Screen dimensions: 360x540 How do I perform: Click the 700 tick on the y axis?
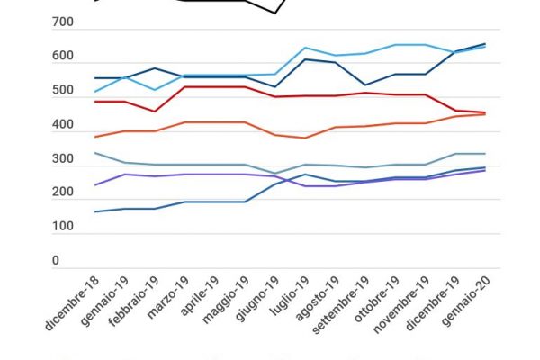pyautogui.click(x=61, y=22)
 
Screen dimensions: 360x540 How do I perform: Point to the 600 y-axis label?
pyautogui.click(x=61, y=57)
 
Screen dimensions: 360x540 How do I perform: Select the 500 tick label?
pyautogui.click(x=61, y=91)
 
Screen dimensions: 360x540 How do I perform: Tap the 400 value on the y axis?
pyautogui.click(x=61, y=125)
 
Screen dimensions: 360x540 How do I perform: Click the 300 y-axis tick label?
pyautogui.click(x=61, y=159)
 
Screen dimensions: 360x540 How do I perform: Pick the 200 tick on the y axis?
pyautogui.click(x=61, y=193)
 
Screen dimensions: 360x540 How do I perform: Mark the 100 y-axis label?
pyautogui.click(x=61, y=227)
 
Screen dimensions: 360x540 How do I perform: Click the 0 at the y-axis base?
pyautogui.click(x=55, y=261)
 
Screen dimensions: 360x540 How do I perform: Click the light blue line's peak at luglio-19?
pyautogui.click(x=305, y=48)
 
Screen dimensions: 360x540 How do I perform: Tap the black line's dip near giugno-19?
pyautogui.click(x=274, y=13)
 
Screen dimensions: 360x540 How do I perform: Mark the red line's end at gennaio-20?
pyautogui.click(x=485, y=112)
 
